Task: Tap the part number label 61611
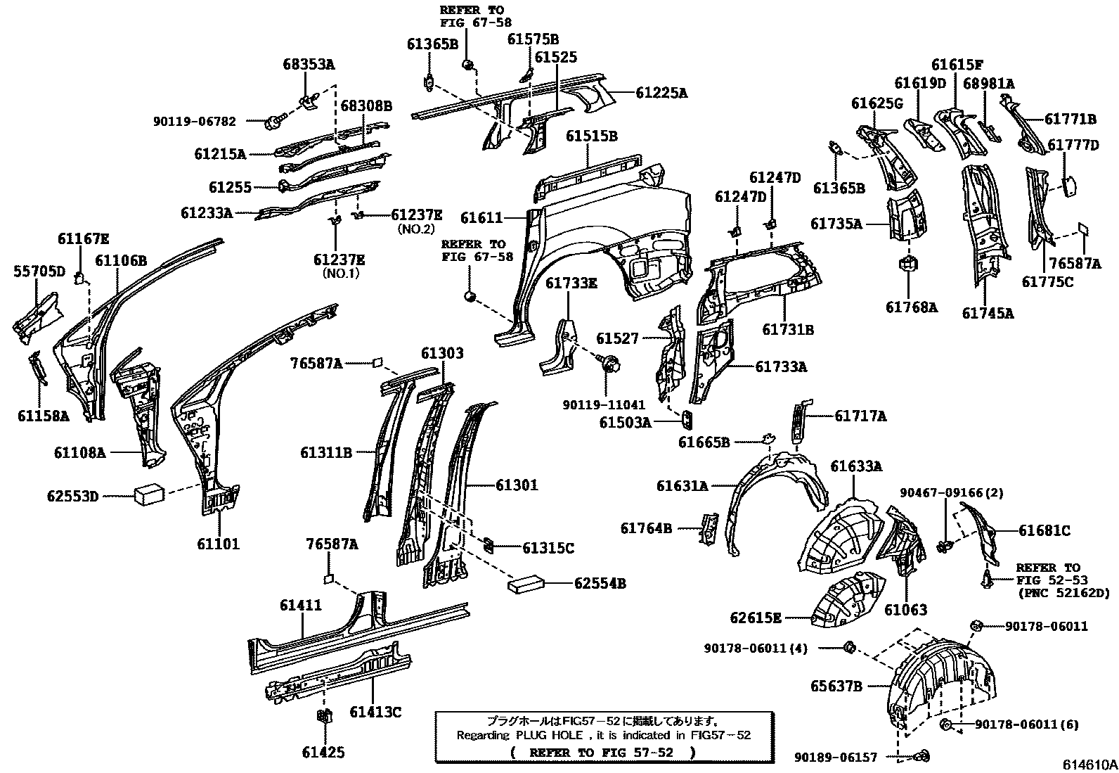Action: [482, 219]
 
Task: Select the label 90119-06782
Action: [195, 121]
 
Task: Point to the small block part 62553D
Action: [149, 494]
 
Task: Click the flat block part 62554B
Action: [526, 582]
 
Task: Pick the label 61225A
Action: [662, 92]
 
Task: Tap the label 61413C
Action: [375, 713]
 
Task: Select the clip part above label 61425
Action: [324, 717]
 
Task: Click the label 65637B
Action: [836, 686]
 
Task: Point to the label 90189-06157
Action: [836, 757]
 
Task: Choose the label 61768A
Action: [911, 307]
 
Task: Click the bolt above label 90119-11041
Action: [609, 364]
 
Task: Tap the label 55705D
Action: [39, 271]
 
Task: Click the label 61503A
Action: [625, 422]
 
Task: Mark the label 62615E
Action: [756, 618]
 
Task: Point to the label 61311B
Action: [326, 453]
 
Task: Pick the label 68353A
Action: [309, 65]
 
